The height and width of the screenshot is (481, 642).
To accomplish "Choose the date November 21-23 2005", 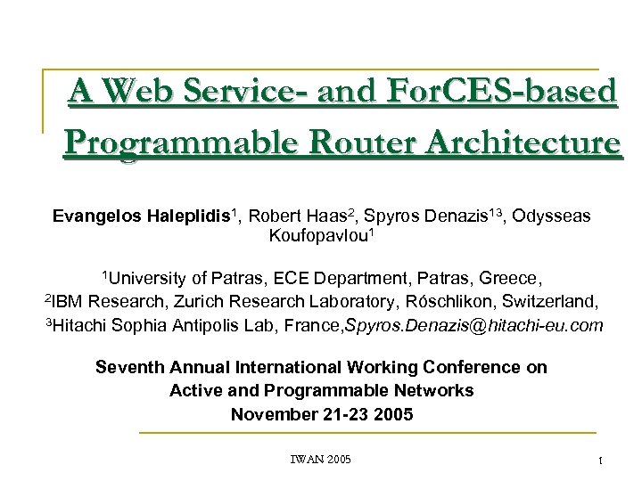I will (x=322, y=413).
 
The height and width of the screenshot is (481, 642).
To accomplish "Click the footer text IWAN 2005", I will (x=321, y=459).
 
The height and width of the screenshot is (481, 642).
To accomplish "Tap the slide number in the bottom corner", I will (x=600, y=461).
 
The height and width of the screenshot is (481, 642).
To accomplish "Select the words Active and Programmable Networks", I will (x=321, y=390).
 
